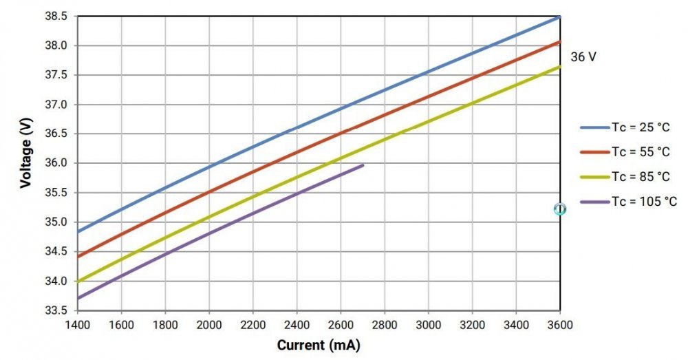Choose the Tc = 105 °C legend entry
pyautogui.click(x=628, y=202)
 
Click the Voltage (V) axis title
pyautogui.click(x=26, y=152)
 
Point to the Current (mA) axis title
pyautogui.click(x=319, y=345)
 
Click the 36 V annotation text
pyautogui.click(x=583, y=57)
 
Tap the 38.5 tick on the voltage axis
pyautogui.click(x=56, y=17)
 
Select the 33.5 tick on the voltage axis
pyautogui.click(x=56, y=310)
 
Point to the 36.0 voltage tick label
pyautogui.click(x=56, y=163)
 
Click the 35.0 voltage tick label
pyautogui.click(x=56, y=222)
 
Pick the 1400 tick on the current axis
pyautogui.click(x=78, y=325)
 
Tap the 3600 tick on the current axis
pyautogui.click(x=560, y=325)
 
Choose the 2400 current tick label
pyautogui.click(x=297, y=325)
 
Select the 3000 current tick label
pyautogui.click(x=429, y=325)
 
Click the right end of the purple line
pyautogui.click(x=363, y=165)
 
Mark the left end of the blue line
pyautogui.click(x=78, y=231)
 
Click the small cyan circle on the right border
pyautogui.click(x=560, y=209)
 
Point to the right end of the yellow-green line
pyautogui.click(x=560, y=66)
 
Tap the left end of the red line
pyautogui.click(x=78, y=256)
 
